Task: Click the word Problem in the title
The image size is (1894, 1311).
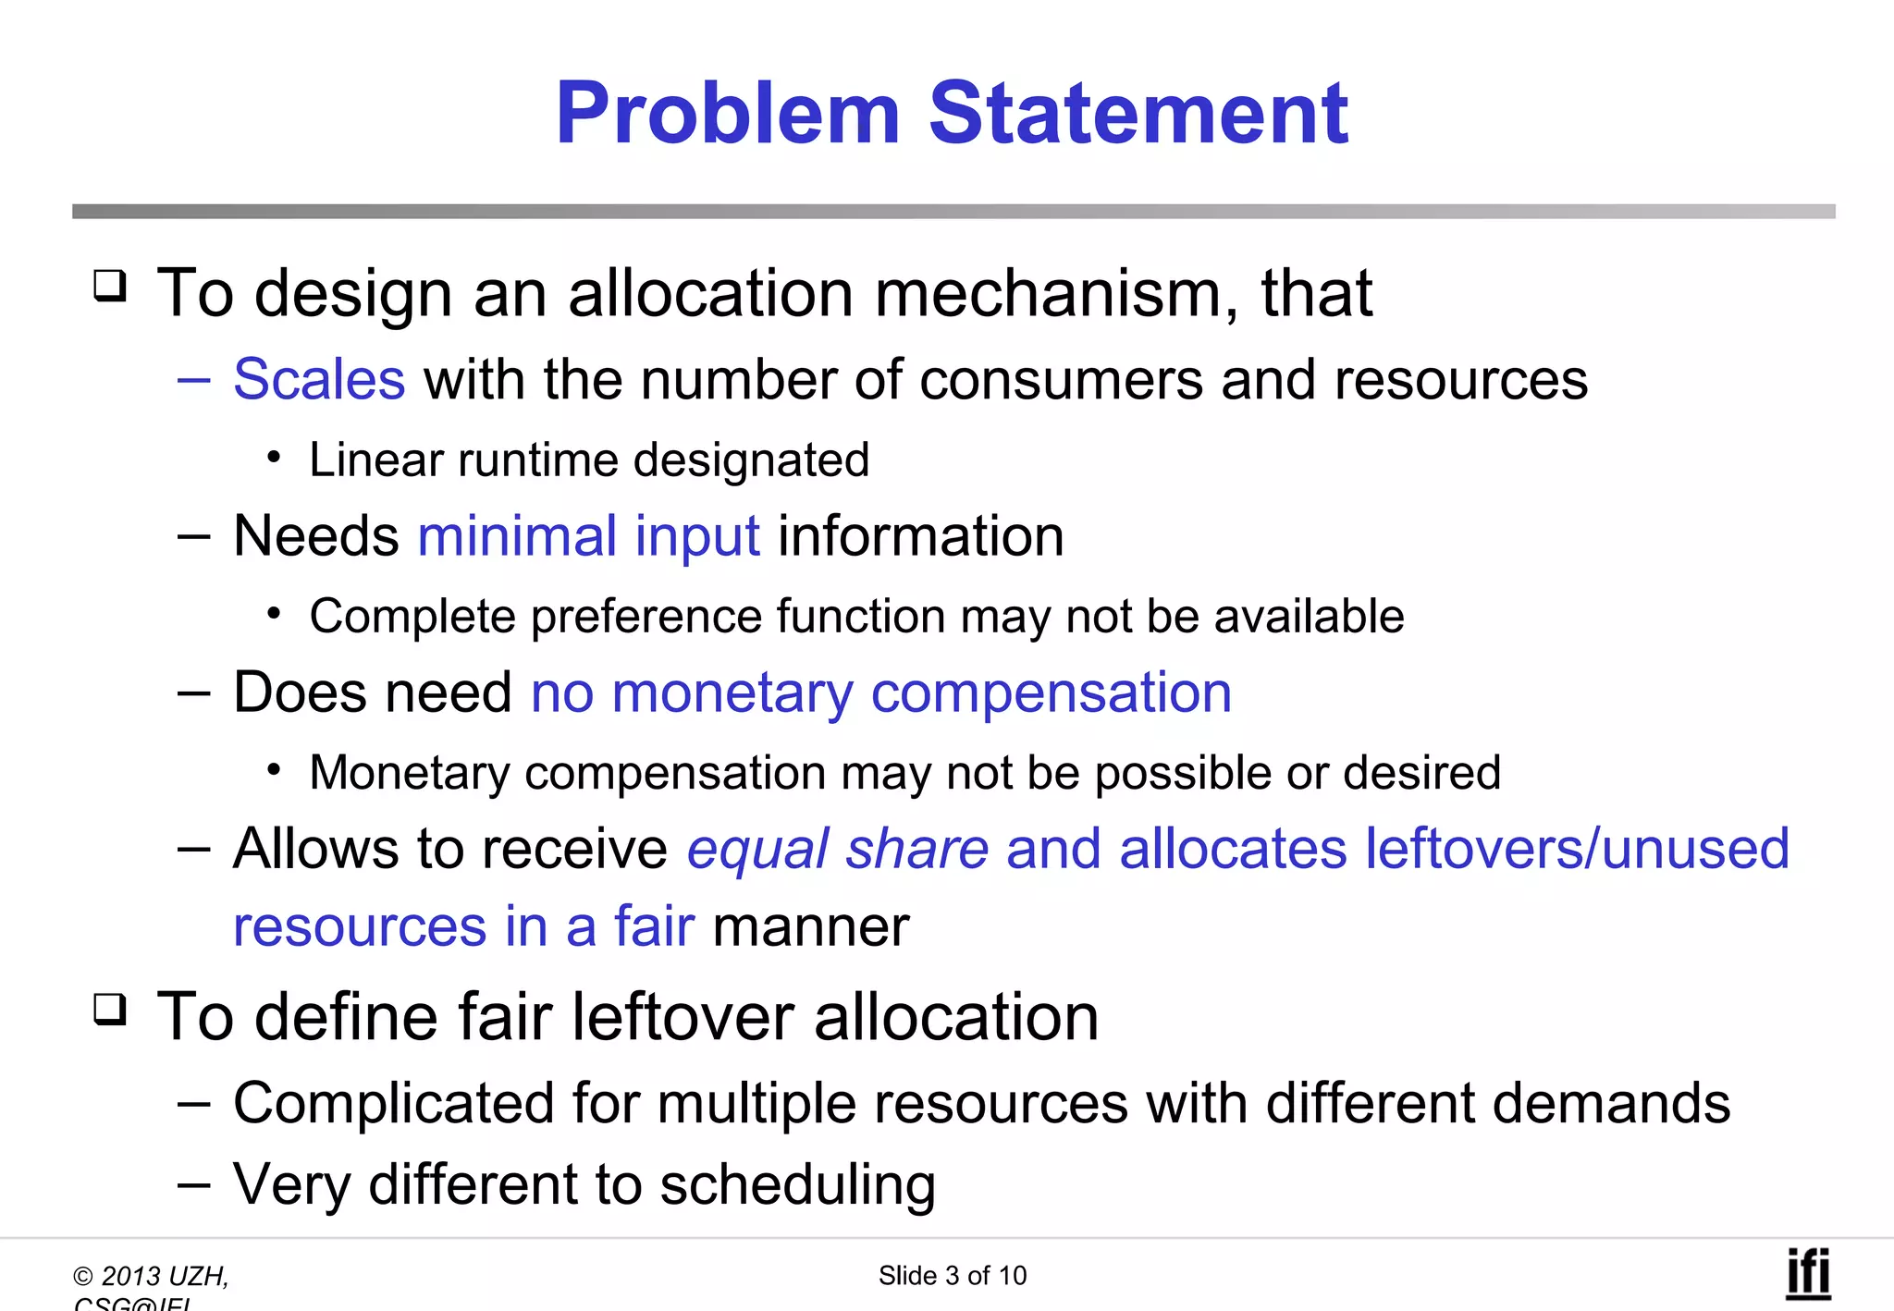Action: [x=728, y=114]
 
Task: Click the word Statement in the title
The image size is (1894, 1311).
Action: [x=1138, y=114]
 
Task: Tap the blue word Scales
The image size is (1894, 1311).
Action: [x=319, y=379]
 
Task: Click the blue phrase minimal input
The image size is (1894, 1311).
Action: [x=589, y=536]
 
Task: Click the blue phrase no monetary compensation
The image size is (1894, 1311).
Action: [x=880, y=692]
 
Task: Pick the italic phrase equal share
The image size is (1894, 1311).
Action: [x=837, y=849]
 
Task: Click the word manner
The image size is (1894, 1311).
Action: [x=811, y=926]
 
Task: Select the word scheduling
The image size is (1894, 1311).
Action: [x=797, y=1184]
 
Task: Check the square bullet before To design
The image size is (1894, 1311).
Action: [x=110, y=286]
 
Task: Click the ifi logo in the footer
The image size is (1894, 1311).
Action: [x=1807, y=1274]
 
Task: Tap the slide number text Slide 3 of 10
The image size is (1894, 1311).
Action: [x=952, y=1276]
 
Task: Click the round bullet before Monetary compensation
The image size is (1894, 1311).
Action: [x=273, y=769]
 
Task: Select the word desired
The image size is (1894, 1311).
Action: [x=1421, y=773]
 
